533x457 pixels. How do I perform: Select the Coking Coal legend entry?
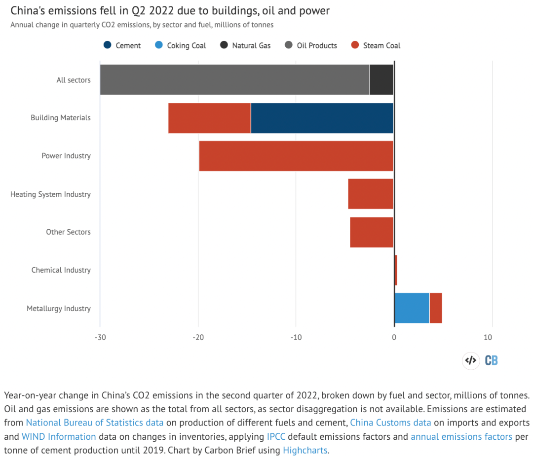180,45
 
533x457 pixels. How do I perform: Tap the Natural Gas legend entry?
245,45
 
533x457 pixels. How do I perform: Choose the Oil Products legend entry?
311,45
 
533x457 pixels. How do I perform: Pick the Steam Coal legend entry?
376,45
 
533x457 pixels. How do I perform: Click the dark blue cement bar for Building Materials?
322,118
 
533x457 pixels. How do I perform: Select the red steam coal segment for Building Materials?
209,118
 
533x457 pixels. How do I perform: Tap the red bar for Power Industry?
296,156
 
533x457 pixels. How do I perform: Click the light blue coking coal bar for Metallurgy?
412,308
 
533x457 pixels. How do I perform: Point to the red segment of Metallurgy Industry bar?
436,308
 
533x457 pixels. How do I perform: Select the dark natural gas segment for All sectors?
381,79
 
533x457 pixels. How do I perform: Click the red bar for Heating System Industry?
371,194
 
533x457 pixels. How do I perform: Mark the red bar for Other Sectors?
372,232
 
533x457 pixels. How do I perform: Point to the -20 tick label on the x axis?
198,337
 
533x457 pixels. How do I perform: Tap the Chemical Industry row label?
61,270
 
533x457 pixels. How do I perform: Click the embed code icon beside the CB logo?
471,360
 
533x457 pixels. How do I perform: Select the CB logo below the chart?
491,360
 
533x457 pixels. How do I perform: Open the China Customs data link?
390,422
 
